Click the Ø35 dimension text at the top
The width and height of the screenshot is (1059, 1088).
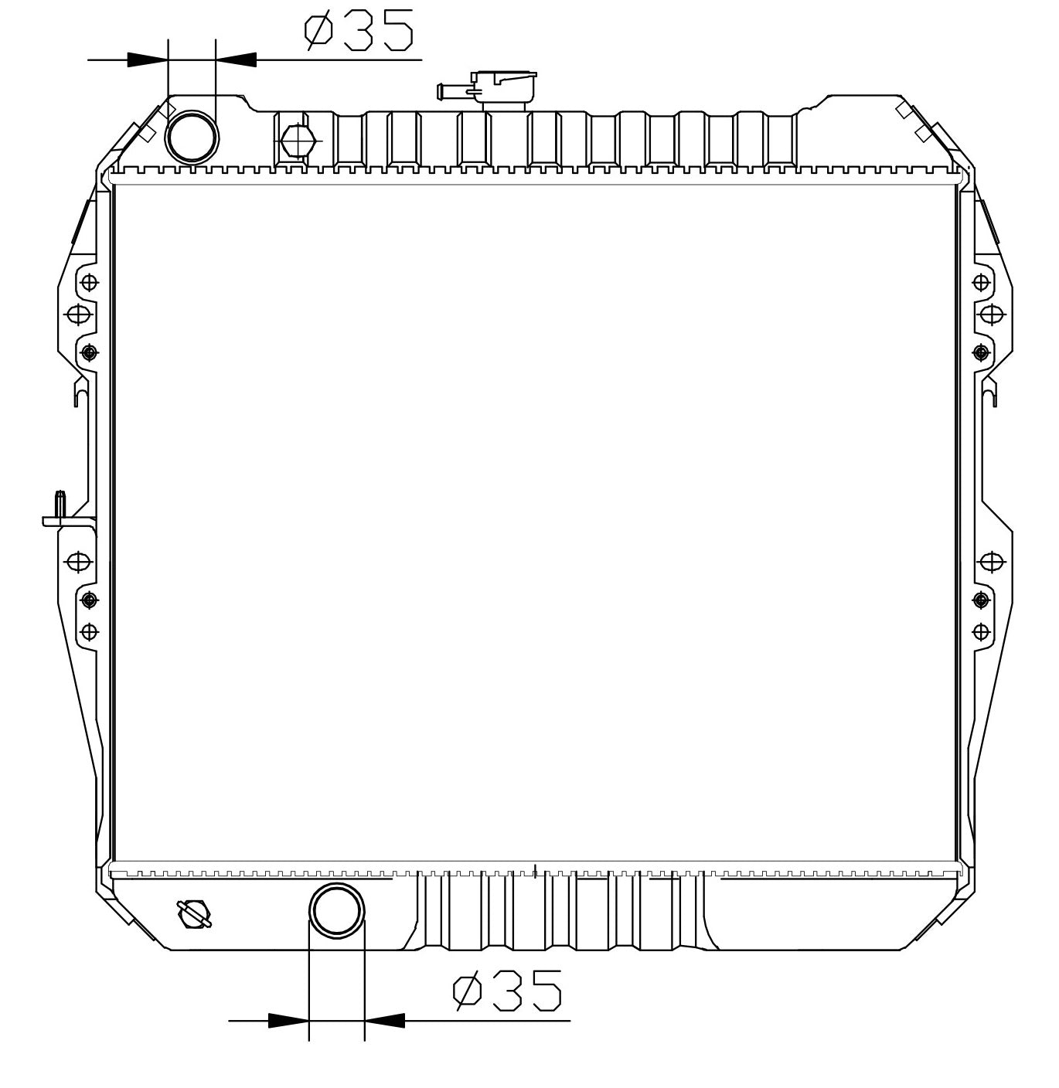(x=359, y=30)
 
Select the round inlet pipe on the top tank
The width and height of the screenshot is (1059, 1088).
(x=192, y=138)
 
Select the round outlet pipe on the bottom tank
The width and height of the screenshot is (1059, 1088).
(x=337, y=910)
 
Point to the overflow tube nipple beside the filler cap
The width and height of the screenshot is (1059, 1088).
(x=451, y=91)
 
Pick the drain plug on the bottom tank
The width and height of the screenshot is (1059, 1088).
(x=194, y=913)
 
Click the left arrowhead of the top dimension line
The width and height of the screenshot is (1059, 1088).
(x=148, y=59)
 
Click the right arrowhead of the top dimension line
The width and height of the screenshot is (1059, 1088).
(x=236, y=59)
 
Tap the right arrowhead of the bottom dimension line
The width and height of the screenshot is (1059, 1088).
(x=384, y=1021)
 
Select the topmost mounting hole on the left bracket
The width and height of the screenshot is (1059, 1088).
(x=90, y=282)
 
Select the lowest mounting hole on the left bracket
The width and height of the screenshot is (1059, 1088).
(x=90, y=632)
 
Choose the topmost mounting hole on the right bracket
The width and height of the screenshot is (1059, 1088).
(x=981, y=282)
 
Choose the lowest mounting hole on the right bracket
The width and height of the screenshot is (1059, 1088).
(x=981, y=632)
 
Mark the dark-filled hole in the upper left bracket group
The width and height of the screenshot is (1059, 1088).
(x=90, y=352)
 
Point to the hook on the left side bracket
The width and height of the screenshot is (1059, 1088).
(x=81, y=394)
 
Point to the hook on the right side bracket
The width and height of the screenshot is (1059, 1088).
(x=989, y=394)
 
